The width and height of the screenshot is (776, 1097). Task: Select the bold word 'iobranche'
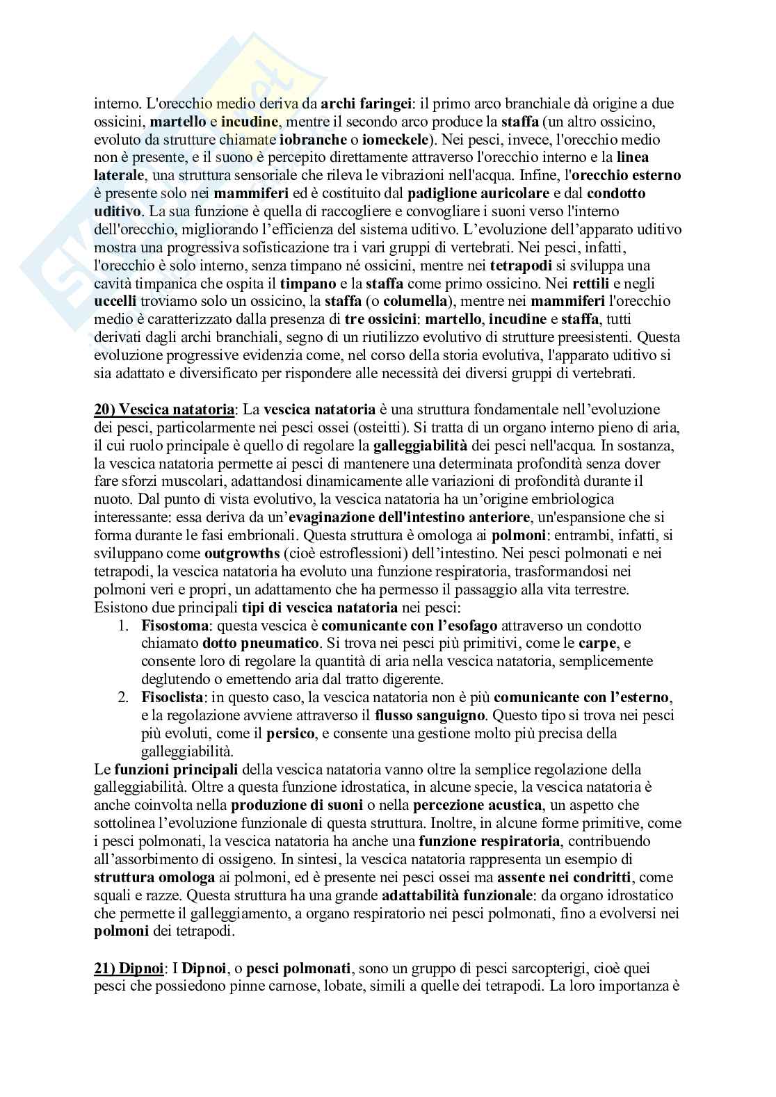pos(308,140)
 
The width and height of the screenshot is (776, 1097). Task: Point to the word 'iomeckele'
pos(382,140)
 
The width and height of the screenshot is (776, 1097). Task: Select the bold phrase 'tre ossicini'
pos(381,320)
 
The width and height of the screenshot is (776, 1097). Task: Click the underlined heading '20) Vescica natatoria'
pos(165,409)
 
